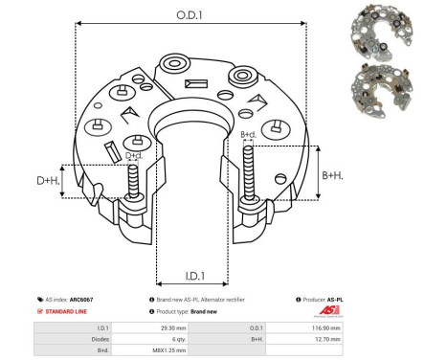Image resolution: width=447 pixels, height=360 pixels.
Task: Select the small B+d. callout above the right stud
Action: pos(248,135)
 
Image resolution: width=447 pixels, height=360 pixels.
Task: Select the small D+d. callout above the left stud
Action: pos(134,155)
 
